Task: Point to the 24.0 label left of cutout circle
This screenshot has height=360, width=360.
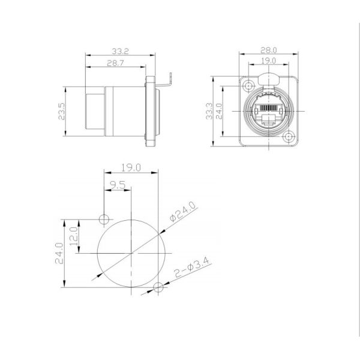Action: point(59,253)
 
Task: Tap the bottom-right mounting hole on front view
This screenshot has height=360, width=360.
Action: point(290,138)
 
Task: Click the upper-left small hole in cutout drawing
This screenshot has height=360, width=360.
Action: point(104,218)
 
